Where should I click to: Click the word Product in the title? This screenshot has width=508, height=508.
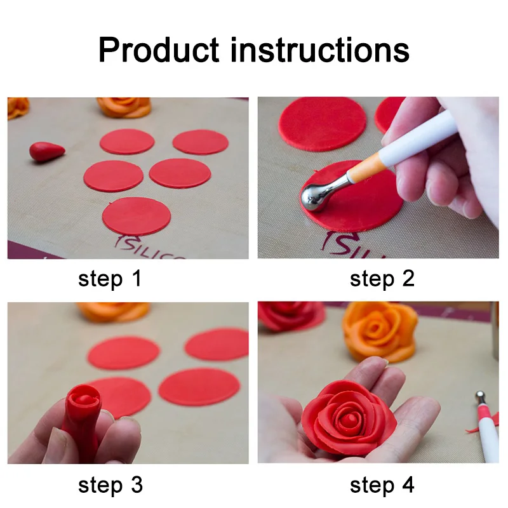coord(159,49)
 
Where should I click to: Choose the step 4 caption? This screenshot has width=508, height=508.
coord(382,485)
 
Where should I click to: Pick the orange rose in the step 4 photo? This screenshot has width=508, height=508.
coord(380,330)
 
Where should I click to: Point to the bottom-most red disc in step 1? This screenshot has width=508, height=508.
coord(136,216)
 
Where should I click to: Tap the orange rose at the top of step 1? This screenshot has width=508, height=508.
coord(124,106)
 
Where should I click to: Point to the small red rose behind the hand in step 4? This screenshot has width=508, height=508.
coord(290,315)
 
